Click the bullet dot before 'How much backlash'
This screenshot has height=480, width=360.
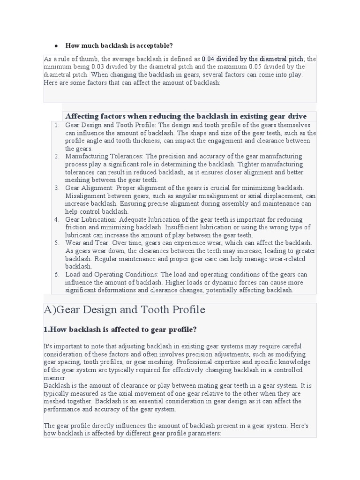pyautogui.click(x=56, y=46)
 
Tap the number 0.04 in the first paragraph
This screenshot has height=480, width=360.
pyautogui.click(x=208, y=59)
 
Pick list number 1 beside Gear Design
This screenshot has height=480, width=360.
pyautogui.click(x=57, y=125)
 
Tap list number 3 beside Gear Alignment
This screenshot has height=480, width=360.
pyautogui.click(x=57, y=188)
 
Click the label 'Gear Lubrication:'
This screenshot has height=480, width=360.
pyautogui.click(x=91, y=219)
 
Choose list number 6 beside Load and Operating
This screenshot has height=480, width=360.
pyautogui.click(x=57, y=274)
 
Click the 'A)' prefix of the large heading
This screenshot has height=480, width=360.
pyautogui.click(x=50, y=310)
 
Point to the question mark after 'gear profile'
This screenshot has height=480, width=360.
pyautogui.click(x=195, y=330)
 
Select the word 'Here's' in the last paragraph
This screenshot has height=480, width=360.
pyautogui.click(x=299, y=426)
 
